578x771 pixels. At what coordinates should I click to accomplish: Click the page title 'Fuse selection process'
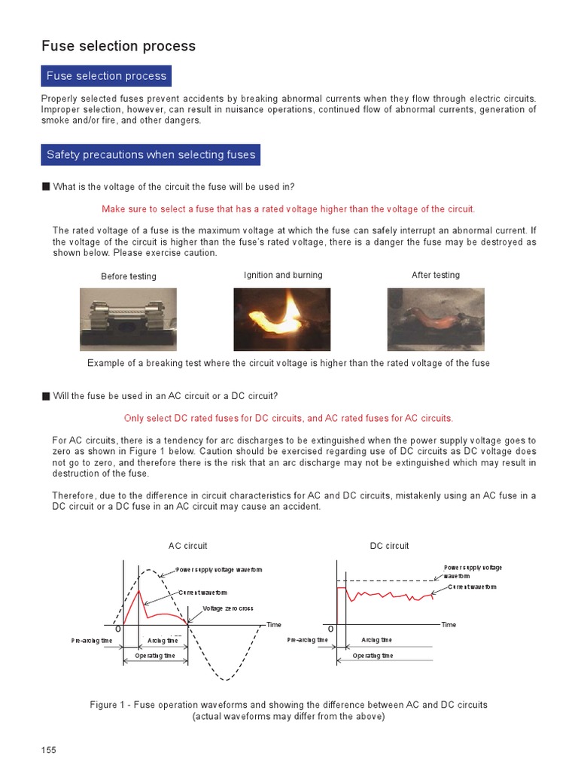coord(118,46)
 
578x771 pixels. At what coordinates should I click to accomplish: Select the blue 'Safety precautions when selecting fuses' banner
coord(151,155)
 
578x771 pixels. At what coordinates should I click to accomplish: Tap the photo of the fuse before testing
coord(129,319)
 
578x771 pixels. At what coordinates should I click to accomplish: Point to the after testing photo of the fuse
coord(435,319)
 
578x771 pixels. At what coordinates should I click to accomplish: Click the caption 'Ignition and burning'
coord(283,275)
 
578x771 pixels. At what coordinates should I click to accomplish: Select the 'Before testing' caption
coord(129,276)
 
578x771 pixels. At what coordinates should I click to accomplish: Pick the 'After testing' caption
coord(435,275)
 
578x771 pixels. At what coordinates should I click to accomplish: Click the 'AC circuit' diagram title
coord(187,546)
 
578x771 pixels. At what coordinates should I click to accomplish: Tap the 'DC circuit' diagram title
coord(389,546)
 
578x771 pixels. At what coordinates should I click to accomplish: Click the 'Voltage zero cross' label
coord(228,608)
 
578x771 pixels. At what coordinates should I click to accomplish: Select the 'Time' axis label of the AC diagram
coord(274,625)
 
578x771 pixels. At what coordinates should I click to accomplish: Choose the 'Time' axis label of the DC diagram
coord(449,625)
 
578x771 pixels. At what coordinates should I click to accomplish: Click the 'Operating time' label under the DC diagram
coord(373,656)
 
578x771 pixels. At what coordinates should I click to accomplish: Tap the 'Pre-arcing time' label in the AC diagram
coord(91,641)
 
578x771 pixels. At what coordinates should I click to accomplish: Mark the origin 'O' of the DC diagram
coord(330,629)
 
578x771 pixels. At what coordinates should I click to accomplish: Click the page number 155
coord(48,750)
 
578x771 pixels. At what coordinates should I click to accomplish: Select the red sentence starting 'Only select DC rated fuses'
coord(288,418)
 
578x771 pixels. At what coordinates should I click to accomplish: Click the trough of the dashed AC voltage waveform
coord(225,680)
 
